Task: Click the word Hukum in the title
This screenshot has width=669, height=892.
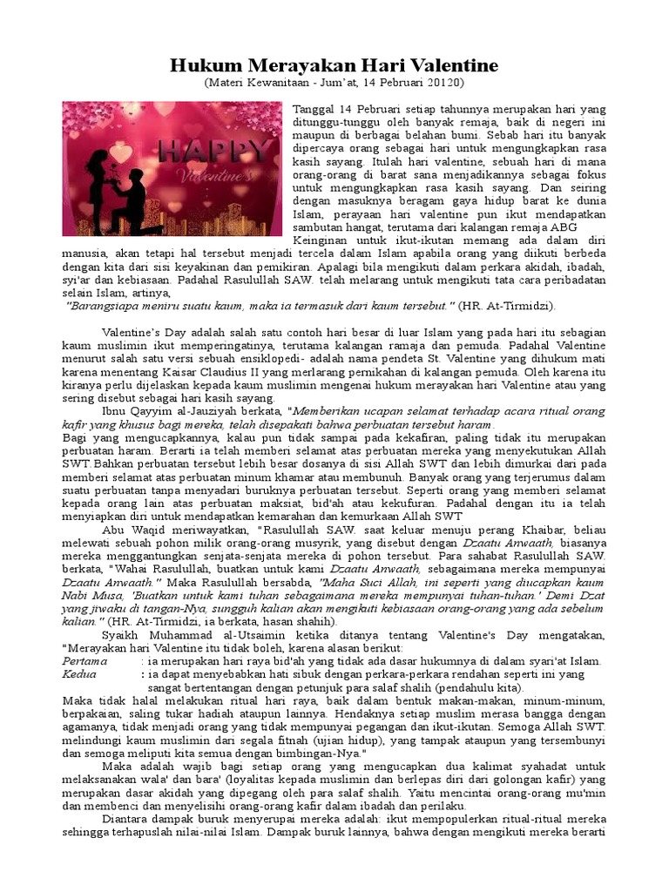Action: (x=199, y=65)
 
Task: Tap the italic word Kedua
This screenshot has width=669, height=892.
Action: (x=79, y=675)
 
